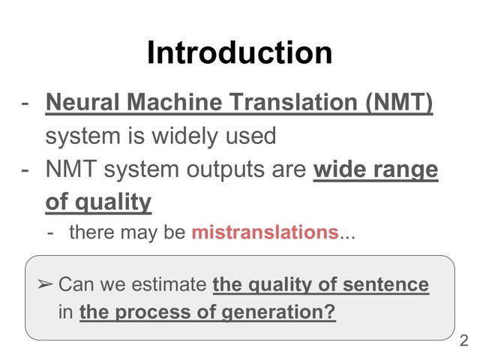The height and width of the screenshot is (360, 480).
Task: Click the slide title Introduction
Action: pyautogui.click(x=239, y=53)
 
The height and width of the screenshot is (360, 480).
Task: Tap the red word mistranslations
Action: pyautogui.click(x=264, y=232)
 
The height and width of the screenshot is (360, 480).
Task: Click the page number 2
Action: pyautogui.click(x=463, y=341)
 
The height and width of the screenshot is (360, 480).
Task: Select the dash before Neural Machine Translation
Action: pyautogui.click(x=25, y=101)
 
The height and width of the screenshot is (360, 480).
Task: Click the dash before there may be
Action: pyautogui.click(x=50, y=232)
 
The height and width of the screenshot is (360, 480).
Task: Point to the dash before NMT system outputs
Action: pyautogui.click(x=25, y=170)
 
